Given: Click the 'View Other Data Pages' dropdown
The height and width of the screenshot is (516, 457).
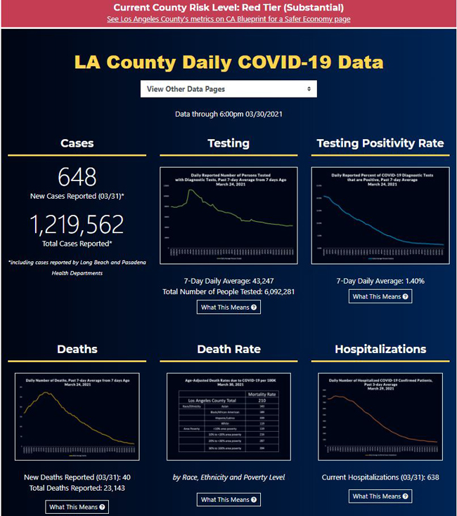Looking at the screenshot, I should (x=228, y=89).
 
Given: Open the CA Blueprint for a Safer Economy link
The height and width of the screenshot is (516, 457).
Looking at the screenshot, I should (x=228, y=19).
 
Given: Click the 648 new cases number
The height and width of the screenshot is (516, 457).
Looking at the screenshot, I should (x=77, y=176).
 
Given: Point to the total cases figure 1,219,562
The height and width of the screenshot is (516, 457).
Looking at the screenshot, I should (x=77, y=224).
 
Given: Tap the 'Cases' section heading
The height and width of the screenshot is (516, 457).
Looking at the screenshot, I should (x=77, y=143).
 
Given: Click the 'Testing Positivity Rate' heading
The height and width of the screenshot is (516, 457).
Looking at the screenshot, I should (x=380, y=143).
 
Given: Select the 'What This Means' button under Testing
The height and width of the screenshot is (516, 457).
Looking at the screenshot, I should (x=228, y=307).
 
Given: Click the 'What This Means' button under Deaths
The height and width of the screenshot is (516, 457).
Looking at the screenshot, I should (x=77, y=507).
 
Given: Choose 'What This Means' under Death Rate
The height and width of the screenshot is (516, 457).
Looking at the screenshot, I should (x=228, y=500).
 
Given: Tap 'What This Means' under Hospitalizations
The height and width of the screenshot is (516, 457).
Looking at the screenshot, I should (x=380, y=496).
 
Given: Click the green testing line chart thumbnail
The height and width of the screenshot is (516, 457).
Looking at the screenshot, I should (x=228, y=216).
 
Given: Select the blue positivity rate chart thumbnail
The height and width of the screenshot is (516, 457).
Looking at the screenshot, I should (x=380, y=216).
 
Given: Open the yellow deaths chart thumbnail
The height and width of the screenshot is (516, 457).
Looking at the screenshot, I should (x=77, y=416).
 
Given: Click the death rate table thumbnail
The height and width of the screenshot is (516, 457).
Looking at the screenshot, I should (x=228, y=416).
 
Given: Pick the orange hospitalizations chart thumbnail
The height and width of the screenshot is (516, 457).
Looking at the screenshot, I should (x=380, y=416).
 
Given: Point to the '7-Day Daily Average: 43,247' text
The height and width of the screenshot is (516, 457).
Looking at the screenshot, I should (x=228, y=281).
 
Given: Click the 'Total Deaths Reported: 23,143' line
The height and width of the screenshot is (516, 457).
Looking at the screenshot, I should (x=77, y=488).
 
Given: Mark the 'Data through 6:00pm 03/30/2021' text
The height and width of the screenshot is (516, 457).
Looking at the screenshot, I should (x=228, y=113).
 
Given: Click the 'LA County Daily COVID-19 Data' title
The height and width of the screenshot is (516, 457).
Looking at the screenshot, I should (x=228, y=62).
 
